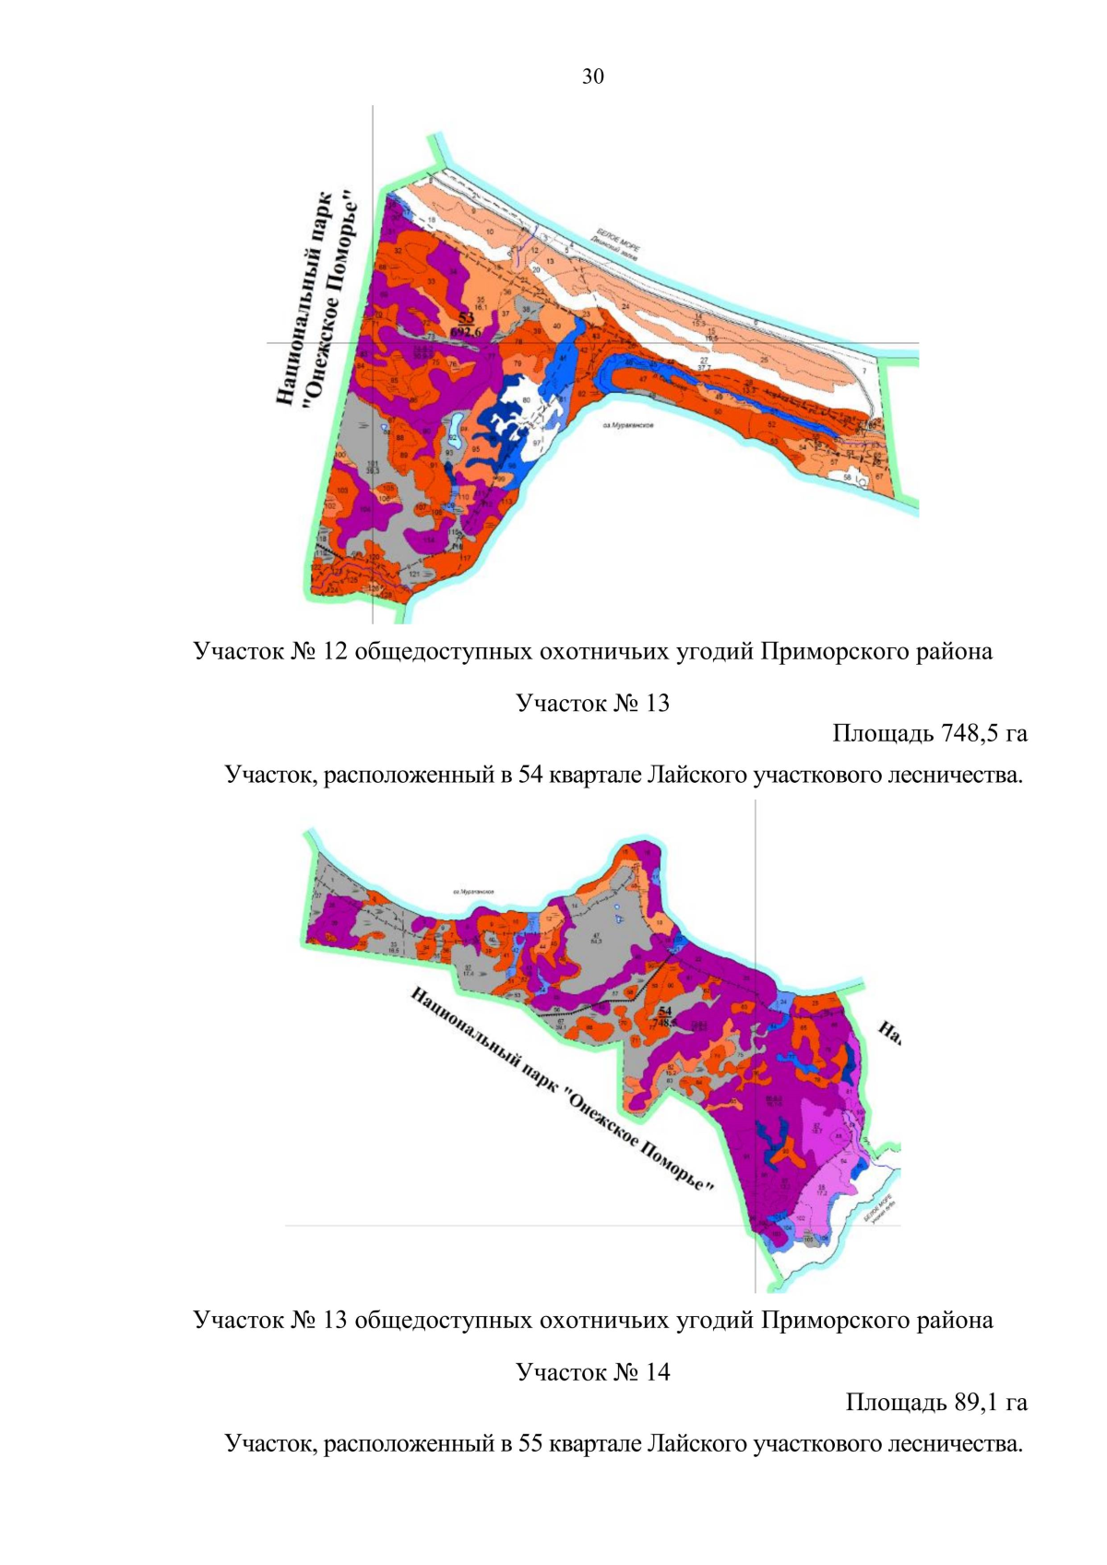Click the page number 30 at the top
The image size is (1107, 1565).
(592, 77)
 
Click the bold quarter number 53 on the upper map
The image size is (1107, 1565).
(466, 317)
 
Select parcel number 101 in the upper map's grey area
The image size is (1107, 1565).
(373, 464)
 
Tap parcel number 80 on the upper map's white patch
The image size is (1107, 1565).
(526, 400)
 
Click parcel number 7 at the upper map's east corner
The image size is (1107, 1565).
(863, 372)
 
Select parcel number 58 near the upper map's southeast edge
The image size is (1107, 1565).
(847, 477)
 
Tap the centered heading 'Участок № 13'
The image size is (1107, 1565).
(592, 704)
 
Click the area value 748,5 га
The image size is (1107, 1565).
(982, 734)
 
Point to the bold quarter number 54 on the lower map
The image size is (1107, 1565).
(665, 1012)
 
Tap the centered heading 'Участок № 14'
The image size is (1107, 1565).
(592, 1372)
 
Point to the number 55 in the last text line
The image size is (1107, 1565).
(530, 1443)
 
